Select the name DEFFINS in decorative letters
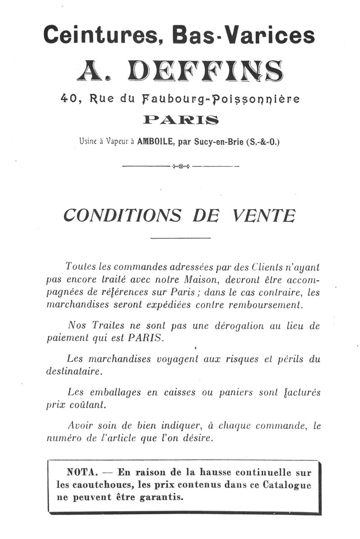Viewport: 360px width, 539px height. click(x=205, y=71)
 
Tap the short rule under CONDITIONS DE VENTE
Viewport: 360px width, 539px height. click(x=180, y=237)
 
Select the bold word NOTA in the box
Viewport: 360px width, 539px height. click(x=82, y=473)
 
